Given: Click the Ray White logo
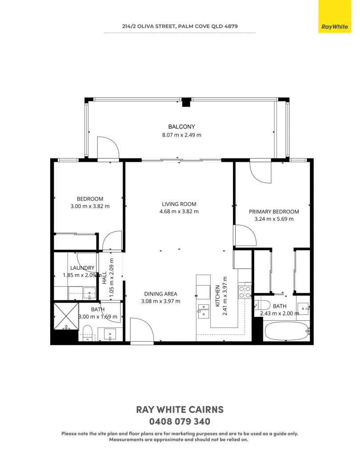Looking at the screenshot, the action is [335, 16].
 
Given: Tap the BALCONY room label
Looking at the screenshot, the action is [181, 127].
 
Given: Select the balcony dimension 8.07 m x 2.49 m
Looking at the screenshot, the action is [181, 135].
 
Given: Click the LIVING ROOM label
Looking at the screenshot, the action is [179, 204].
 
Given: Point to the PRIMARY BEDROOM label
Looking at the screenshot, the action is [274, 212].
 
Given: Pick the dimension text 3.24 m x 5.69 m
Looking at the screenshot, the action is [274, 219].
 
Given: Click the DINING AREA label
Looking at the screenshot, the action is [160, 294].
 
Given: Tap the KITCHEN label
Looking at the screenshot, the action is [217, 296].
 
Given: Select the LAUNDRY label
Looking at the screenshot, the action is [82, 268].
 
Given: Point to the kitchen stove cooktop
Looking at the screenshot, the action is [244, 292].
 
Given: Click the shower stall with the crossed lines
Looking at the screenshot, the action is [66, 316].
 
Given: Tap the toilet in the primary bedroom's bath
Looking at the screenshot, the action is [263, 305].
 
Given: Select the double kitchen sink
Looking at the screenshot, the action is [203, 311].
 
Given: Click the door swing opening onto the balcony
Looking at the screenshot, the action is [108, 148].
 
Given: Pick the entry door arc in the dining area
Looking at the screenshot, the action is [142, 331].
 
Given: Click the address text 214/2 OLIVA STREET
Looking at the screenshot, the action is [148, 26].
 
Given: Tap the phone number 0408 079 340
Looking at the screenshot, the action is [180, 421].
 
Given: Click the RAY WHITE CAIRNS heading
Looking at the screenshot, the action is [180, 409].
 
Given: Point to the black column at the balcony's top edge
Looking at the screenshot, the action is [186, 103].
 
